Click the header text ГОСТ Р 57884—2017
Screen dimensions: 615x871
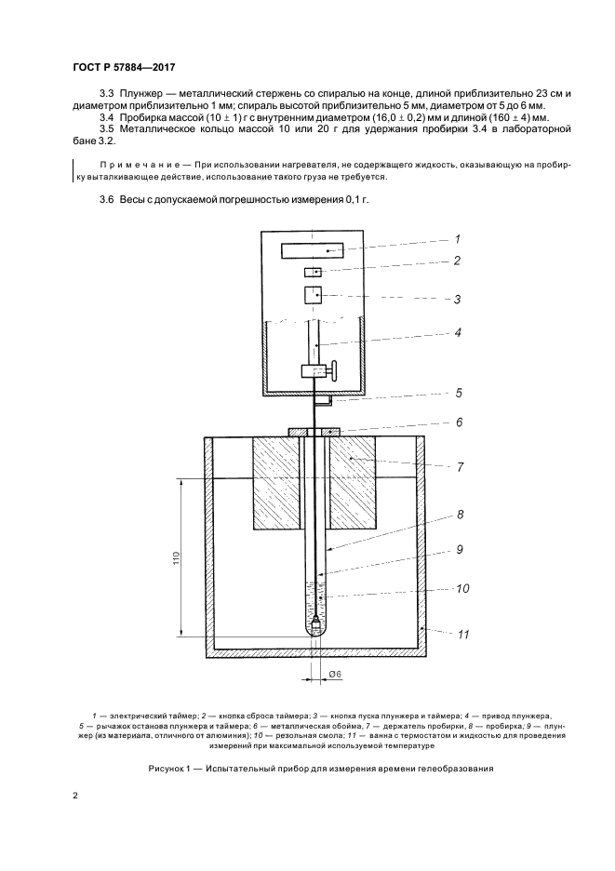(124, 68)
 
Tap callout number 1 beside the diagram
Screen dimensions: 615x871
(457, 239)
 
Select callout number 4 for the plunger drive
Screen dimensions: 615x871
(458, 333)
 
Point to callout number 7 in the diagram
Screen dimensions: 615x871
(460, 467)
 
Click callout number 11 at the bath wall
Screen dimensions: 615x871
(463, 634)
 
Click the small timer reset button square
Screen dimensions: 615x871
(313, 272)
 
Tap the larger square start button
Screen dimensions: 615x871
(313, 295)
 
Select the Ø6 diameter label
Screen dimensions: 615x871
(335, 674)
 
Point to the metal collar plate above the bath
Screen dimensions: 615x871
(315, 432)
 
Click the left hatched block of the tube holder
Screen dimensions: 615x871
(277, 482)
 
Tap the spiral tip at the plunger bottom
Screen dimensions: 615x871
(315, 624)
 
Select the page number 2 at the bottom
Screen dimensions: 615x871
(75, 795)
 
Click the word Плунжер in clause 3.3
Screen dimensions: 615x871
(138, 93)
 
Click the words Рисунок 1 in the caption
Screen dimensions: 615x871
(169, 770)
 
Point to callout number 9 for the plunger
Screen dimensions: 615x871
(460, 549)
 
